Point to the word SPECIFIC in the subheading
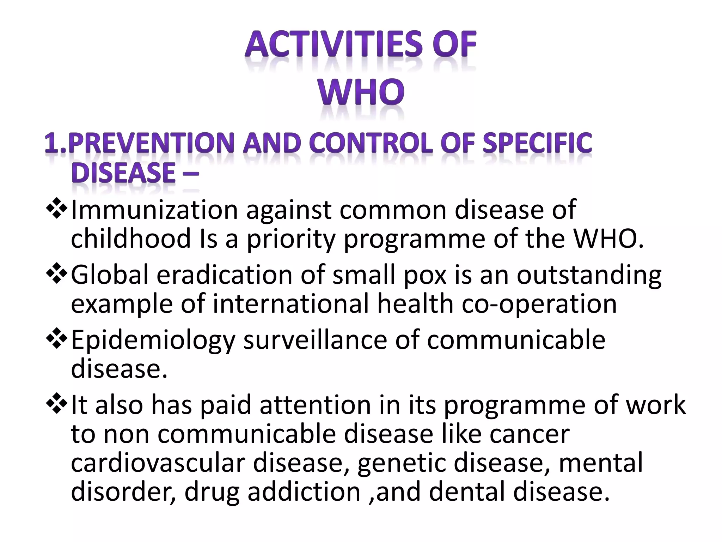(x=537, y=144)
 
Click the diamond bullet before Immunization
(x=56, y=210)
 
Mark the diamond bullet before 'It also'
(x=56, y=404)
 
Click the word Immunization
(x=154, y=210)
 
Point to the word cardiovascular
(x=158, y=463)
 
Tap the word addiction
(x=304, y=492)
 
